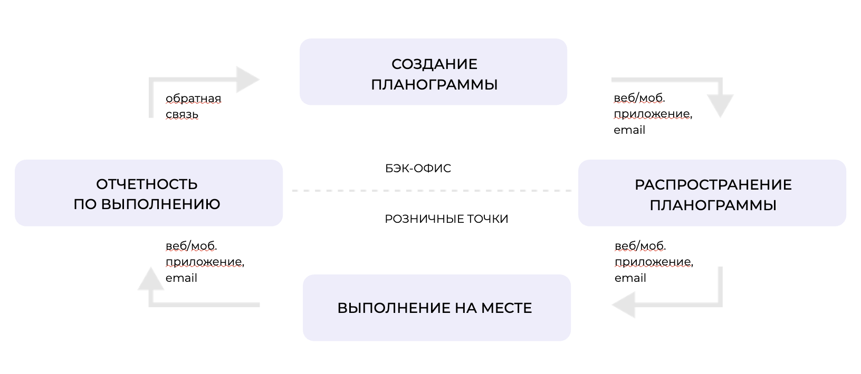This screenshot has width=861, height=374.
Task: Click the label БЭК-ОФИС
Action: click(x=418, y=169)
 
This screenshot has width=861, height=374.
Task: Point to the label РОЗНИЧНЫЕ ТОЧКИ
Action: click(x=446, y=219)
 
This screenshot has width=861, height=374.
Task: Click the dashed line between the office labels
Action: click(x=432, y=191)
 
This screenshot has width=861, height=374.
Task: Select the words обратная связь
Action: click(x=193, y=106)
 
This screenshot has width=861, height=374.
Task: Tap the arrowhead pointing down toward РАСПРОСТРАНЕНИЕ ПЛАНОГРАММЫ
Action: click(x=720, y=105)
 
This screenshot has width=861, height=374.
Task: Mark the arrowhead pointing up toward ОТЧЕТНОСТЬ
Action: click(x=150, y=279)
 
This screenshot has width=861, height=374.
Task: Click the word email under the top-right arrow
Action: click(x=629, y=130)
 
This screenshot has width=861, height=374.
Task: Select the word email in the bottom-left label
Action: click(x=181, y=278)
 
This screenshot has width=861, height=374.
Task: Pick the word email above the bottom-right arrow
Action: click(x=630, y=278)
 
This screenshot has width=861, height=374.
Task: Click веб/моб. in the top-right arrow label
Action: click(x=639, y=98)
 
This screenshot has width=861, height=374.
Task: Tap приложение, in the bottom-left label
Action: click(x=205, y=262)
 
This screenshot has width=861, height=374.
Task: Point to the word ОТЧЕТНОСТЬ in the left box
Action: click(x=147, y=184)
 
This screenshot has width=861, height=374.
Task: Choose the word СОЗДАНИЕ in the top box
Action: click(x=434, y=64)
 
